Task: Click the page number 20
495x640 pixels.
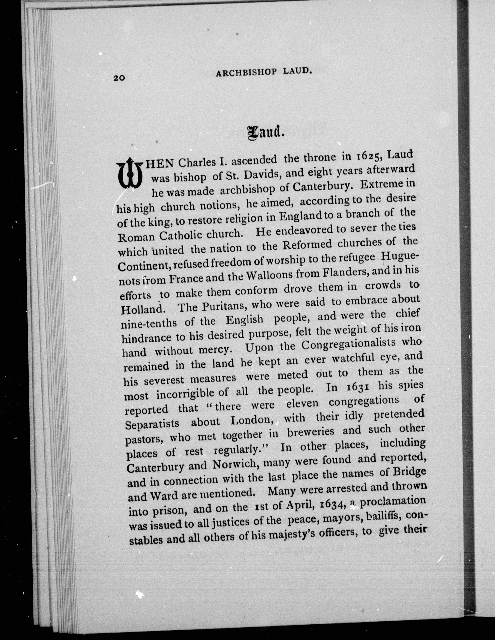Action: [119, 78]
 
